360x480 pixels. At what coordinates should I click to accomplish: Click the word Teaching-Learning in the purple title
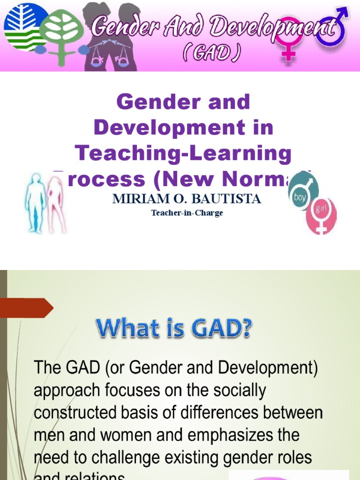click(183, 153)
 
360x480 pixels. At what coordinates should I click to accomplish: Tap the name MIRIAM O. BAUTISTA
click(186, 199)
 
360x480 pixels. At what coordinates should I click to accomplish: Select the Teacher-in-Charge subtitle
click(187, 213)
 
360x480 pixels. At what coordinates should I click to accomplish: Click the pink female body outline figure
click(56, 204)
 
